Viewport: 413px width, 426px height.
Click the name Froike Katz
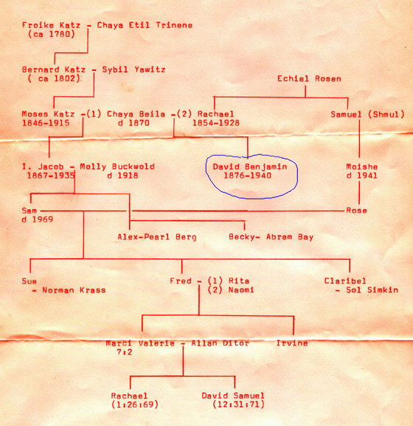click(51, 25)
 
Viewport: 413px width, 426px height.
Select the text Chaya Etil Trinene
click(145, 25)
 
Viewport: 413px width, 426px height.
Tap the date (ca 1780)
click(52, 34)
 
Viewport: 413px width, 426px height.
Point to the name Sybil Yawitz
click(133, 69)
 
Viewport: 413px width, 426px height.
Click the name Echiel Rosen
click(309, 79)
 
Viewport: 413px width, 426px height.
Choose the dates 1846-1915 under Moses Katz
click(46, 123)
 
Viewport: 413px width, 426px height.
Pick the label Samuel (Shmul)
click(367, 114)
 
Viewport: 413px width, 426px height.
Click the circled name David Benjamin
click(250, 167)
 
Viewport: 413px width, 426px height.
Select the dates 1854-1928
click(216, 123)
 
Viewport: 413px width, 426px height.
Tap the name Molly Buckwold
click(117, 167)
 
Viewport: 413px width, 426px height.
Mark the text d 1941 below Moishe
click(361, 176)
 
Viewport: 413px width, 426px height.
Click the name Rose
click(356, 210)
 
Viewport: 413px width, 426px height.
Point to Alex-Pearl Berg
click(157, 237)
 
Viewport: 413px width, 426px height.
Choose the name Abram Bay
click(290, 237)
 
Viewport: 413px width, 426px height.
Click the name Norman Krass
click(74, 290)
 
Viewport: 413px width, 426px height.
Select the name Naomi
click(241, 290)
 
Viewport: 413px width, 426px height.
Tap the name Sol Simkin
click(372, 290)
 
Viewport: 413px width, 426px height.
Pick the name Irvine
click(292, 343)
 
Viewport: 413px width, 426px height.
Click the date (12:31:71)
click(238, 405)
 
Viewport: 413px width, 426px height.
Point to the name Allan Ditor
click(220, 343)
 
